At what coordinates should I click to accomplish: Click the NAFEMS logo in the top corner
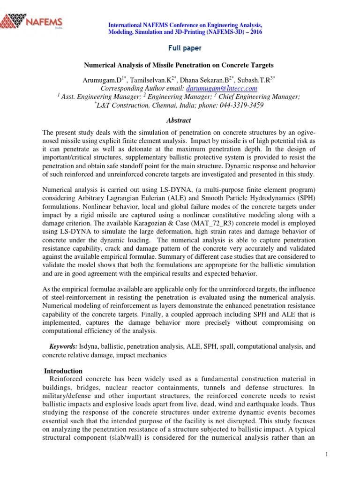pyautogui.click(x=32, y=21)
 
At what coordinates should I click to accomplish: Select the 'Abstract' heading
pyautogui.click(x=180, y=120)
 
